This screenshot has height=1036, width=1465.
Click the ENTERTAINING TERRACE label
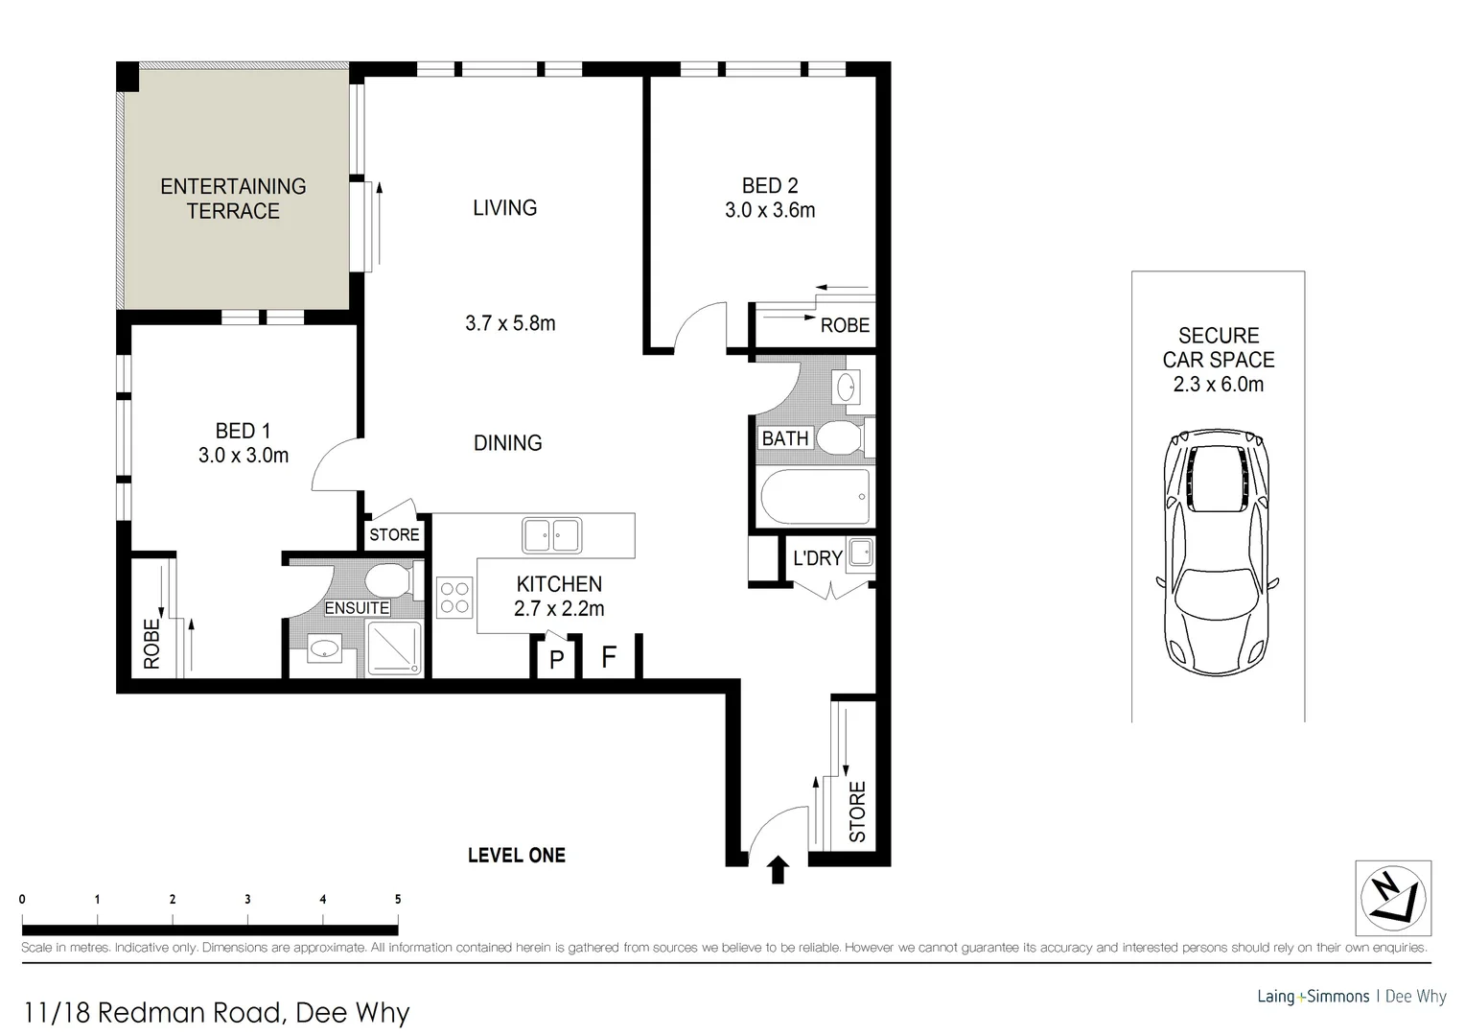pos(233,199)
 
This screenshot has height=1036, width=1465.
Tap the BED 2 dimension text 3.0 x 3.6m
pos(770,210)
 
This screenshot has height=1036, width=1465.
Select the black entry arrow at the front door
pos(778,870)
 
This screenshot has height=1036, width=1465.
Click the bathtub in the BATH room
pos(814,496)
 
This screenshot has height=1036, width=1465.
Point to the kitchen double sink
pos(551,535)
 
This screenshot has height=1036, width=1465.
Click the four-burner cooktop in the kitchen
pos(454,596)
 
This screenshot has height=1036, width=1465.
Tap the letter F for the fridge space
pos(608,658)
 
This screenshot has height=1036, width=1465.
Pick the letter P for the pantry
pos(556,661)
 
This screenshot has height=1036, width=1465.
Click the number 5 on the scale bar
pos(397,900)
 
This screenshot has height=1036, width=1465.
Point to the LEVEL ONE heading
pos(516,855)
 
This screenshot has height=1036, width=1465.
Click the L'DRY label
pos(817,558)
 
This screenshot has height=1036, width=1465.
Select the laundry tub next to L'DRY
pos(860,553)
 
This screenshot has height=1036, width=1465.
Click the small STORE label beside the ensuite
pos(394,534)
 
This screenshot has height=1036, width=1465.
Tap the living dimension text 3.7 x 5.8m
pos(510,323)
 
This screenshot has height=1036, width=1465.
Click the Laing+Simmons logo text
pos(1313,997)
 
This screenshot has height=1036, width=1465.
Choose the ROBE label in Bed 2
pos(845,325)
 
